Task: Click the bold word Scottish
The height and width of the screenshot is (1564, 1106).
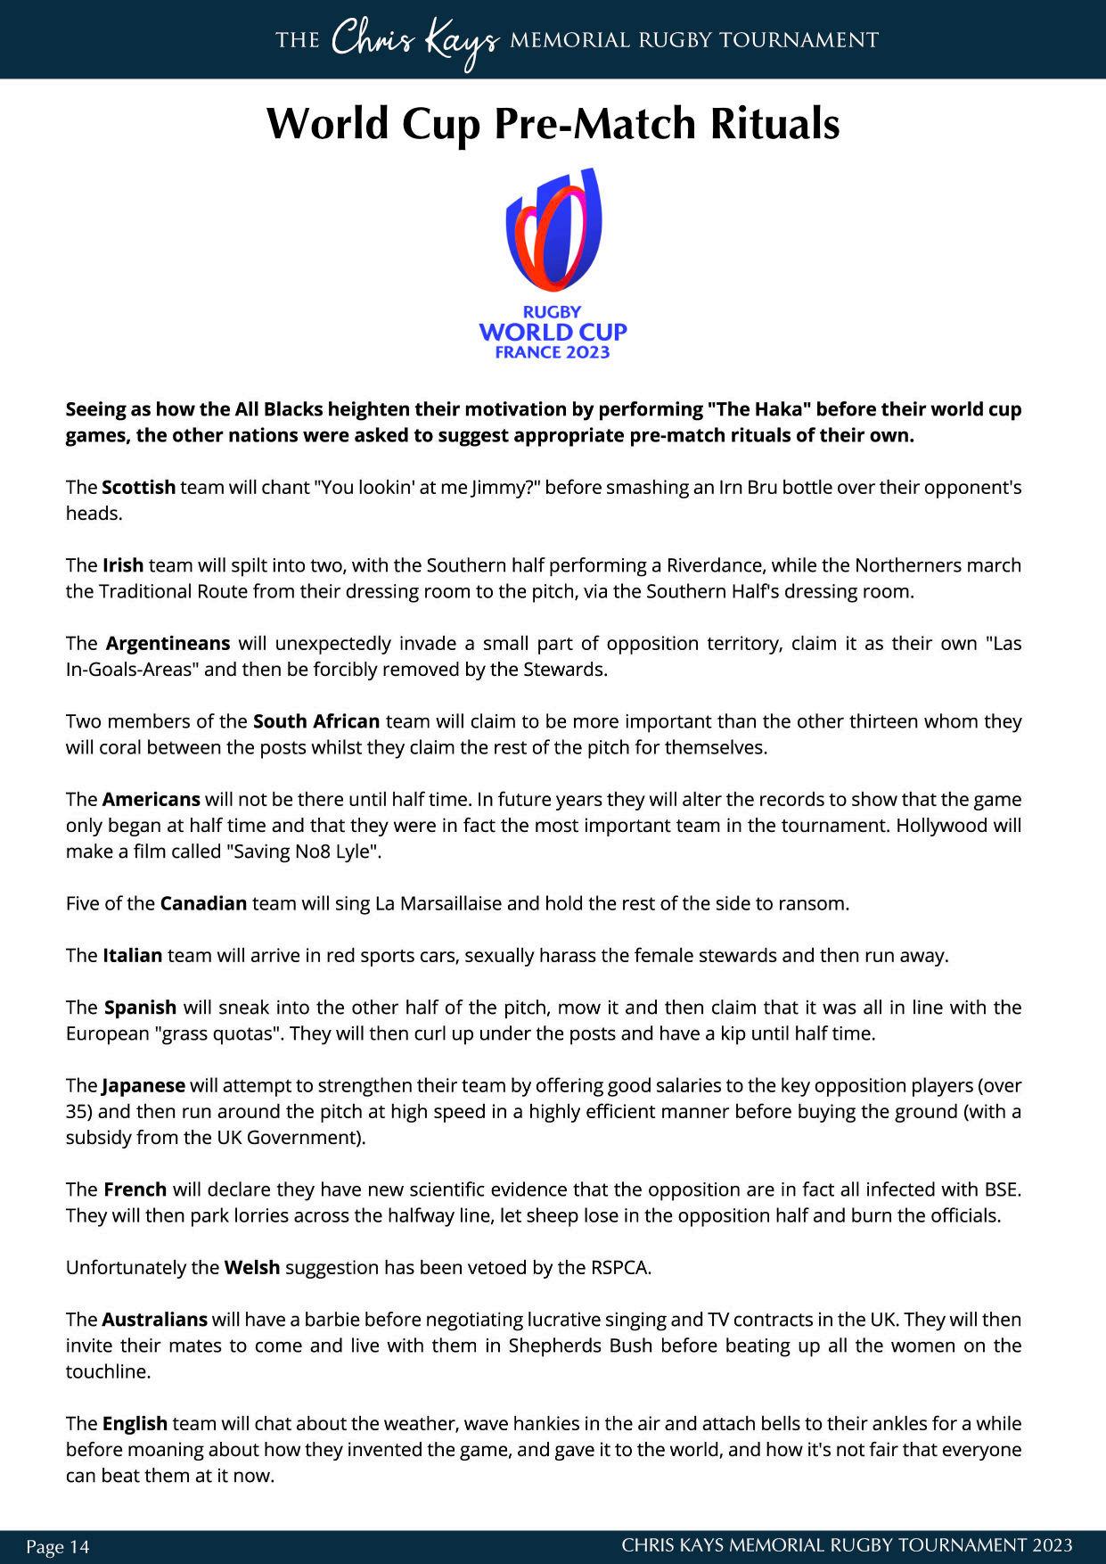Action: click(x=138, y=488)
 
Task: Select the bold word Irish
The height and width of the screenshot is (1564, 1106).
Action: click(x=122, y=565)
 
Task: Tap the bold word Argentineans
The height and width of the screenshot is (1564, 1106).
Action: click(x=168, y=644)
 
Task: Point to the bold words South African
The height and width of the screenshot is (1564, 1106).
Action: click(x=316, y=721)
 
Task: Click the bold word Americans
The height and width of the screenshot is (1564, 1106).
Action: click(x=151, y=799)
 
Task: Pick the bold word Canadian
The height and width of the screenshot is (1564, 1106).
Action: click(x=203, y=903)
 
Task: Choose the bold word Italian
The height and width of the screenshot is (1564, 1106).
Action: click(x=132, y=956)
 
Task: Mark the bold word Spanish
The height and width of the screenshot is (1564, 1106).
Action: click(x=140, y=1008)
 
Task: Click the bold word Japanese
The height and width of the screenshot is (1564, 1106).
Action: click(x=143, y=1086)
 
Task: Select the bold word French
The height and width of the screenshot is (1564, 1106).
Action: click(x=135, y=1189)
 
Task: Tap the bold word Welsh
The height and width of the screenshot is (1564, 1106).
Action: click(x=251, y=1267)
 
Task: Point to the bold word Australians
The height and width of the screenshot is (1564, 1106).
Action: click(x=154, y=1320)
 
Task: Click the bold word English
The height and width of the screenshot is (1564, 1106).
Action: click(x=135, y=1424)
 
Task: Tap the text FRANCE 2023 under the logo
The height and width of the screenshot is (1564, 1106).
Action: click(x=553, y=352)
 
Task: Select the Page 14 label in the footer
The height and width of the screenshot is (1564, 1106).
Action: click(x=58, y=1546)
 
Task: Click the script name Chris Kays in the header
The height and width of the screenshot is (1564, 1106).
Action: click(x=414, y=41)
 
